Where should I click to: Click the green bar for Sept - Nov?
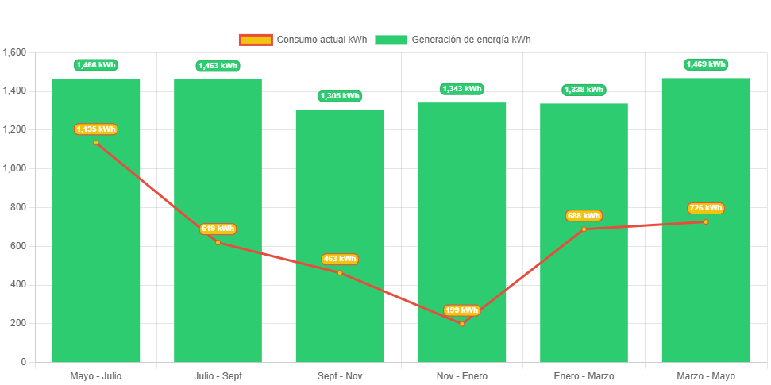[340, 238]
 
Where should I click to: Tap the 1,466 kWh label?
[96, 65]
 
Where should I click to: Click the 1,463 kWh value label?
[218, 66]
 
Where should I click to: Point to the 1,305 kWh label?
[340, 96]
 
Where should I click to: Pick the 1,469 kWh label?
[706, 64]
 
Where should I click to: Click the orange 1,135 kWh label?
[96, 129]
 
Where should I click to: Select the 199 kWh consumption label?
[462, 310]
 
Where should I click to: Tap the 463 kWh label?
[340, 259]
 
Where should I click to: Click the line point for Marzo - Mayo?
[706, 221]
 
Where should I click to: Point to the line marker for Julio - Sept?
[218, 242]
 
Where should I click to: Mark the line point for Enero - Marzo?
[584, 229]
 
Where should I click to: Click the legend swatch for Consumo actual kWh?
[255, 40]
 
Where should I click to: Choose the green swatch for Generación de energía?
[391, 40]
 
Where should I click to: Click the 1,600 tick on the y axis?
[15, 52]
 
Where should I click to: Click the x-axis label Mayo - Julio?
[96, 375]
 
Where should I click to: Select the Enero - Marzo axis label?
[584, 375]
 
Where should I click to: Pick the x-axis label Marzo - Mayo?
[706, 375]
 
